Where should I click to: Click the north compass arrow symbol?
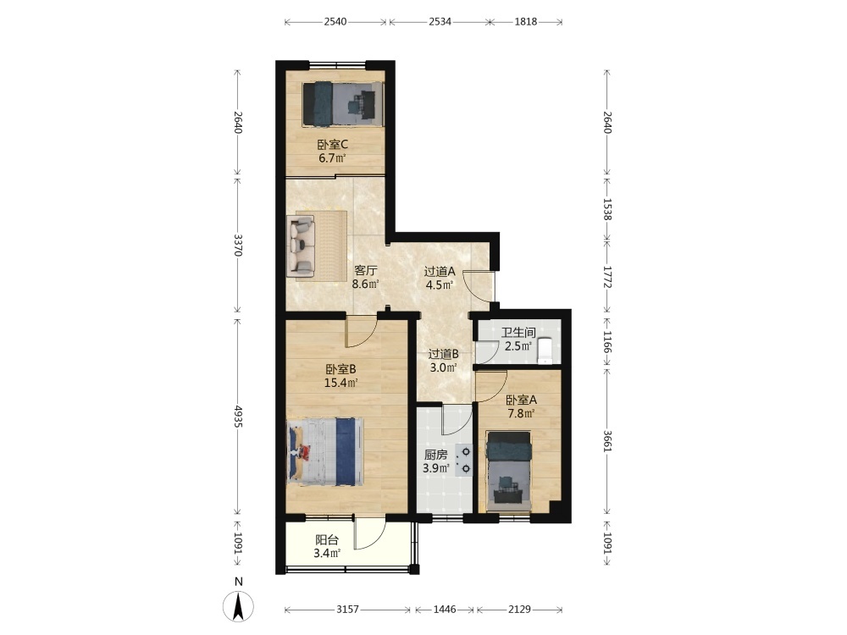click(238, 606)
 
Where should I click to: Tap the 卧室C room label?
click(332, 145)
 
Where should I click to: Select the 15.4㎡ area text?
click(340, 383)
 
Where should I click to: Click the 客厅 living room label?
click(366, 270)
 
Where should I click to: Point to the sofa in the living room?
click(301, 246)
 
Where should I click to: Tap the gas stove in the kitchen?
click(464, 460)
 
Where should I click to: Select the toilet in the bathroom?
click(545, 351)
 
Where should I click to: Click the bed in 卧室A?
click(508, 470)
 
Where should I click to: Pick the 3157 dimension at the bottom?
click(347, 609)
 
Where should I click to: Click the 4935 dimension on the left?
click(238, 416)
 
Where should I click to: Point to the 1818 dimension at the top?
click(526, 22)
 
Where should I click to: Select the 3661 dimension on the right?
click(607, 441)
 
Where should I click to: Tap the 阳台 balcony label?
click(327, 539)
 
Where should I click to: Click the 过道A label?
click(440, 271)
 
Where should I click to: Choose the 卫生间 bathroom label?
click(518, 333)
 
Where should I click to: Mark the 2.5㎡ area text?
click(518, 346)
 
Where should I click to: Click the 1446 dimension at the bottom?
click(445, 609)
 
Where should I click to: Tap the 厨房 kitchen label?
click(436, 455)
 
